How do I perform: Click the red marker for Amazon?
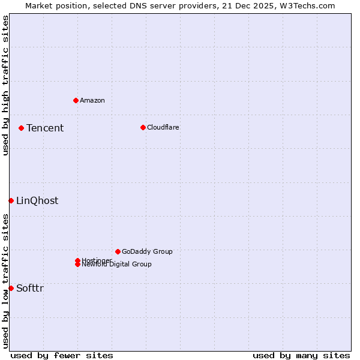(x=76, y=100)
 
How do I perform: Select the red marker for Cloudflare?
(x=143, y=127)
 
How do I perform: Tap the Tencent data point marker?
(x=21, y=128)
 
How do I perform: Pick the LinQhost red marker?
(x=11, y=200)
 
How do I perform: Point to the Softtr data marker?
(x=11, y=288)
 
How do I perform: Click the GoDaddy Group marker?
(x=118, y=251)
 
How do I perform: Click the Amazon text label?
(x=92, y=100)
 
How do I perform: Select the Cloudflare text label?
(x=163, y=127)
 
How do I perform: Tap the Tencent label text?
(x=45, y=128)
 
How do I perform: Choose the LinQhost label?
(x=37, y=200)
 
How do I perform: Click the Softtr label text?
(x=30, y=288)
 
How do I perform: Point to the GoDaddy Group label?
(x=147, y=251)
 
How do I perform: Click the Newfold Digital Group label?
(x=117, y=265)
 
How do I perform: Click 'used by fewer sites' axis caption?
(x=62, y=355)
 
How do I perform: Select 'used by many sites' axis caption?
(x=301, y=355)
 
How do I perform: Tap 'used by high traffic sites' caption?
(x=5, y=85)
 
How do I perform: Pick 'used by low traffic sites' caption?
(x=5, y=281)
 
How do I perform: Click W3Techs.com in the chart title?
(x=306, y=5)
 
